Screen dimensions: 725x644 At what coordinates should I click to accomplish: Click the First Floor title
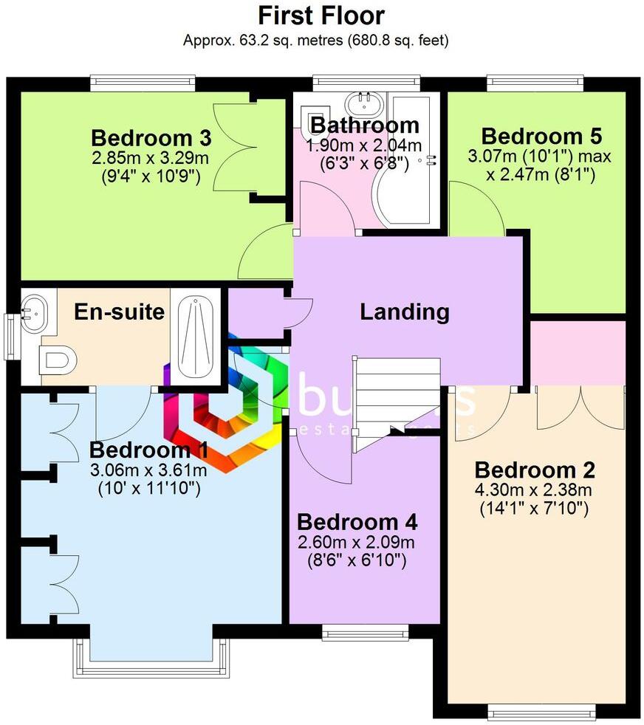[x=321, y=16]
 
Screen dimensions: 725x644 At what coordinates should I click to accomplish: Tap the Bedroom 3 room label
[x=151, y=138]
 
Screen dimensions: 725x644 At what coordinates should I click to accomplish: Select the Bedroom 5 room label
[x=541, y=137]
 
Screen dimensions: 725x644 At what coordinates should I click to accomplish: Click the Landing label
[x=404, y=312]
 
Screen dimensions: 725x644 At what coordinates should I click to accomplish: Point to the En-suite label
[x=119, y=312]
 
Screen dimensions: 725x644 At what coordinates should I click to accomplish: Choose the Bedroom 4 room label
[x=357, y=523]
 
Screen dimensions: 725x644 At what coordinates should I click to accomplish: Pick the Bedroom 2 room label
[x=535, y=470]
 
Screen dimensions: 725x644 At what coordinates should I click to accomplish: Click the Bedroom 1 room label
[x=148, y=450]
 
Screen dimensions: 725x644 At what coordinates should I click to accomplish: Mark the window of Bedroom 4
[x=365, y=632]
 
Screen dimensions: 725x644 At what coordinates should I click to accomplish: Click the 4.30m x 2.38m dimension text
[x=535, y=489]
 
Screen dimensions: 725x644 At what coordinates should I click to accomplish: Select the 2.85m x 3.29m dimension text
[x=151, y=157]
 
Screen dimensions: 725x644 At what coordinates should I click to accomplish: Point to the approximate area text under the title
[x=315, y=40]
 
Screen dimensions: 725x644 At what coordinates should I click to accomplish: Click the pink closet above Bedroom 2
[x=578, y=352]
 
